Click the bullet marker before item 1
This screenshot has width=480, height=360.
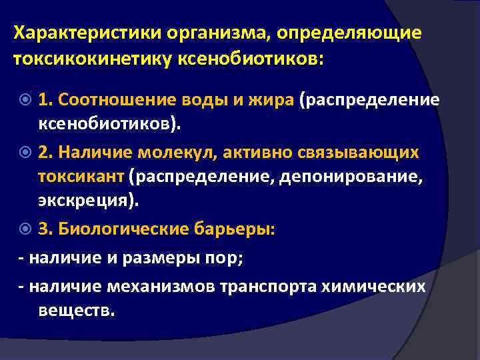coord(25,100)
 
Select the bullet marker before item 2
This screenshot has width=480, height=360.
coord(25,153)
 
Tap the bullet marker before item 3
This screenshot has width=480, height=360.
coord(25,229)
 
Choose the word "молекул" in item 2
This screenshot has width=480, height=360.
coord(190,153)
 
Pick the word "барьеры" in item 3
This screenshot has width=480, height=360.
coord(239,229)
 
